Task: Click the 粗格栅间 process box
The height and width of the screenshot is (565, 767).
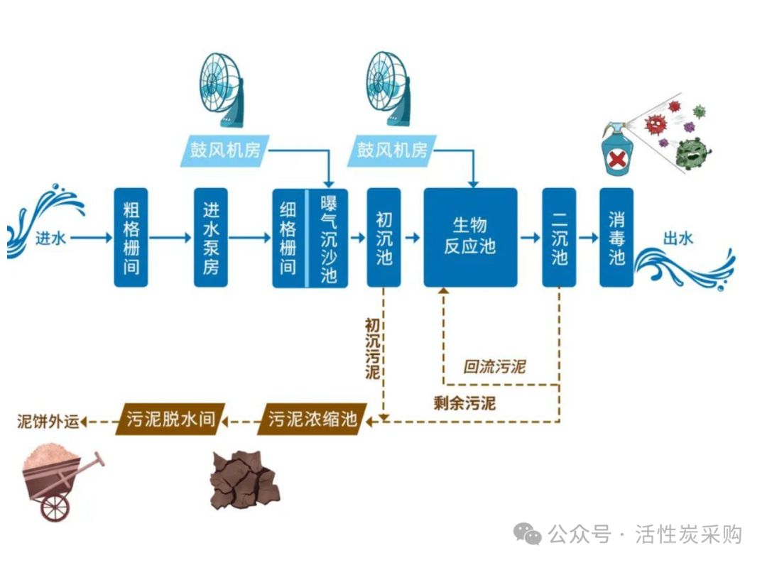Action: point(131,238)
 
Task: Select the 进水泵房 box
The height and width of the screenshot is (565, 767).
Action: point(210,238)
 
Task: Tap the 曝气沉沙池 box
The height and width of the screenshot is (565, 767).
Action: point(328,238)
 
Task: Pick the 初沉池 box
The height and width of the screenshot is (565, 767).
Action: point(383,238)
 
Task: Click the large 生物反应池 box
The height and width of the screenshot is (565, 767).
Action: point(470,238)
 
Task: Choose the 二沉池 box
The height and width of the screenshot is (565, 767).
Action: point(559,238)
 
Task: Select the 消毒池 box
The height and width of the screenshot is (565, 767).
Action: point(616,238)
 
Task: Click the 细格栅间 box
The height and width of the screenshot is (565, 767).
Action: point(288,238)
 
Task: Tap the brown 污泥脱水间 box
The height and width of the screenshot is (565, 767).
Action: point(170,420)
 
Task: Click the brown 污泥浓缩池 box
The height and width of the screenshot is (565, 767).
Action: point(312,420)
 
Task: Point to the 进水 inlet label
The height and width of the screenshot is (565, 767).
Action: point(50,238)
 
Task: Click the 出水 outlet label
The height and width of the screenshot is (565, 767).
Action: point(678,238)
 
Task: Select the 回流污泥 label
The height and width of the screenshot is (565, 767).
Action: point(494,367)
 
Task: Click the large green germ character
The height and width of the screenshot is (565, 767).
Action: point(692,153)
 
